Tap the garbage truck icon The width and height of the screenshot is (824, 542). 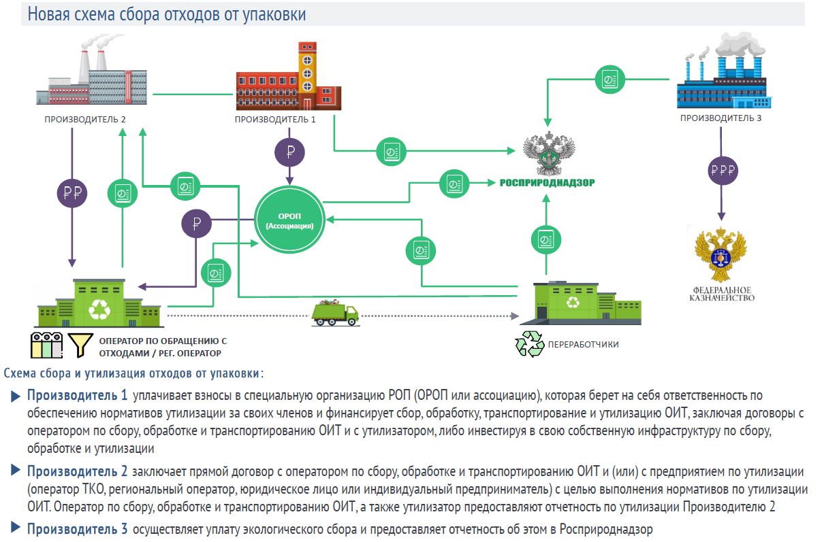pyautogui.click(x=334, y=313)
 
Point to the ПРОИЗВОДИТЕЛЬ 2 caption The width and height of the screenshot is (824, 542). pyautogui.click(x=85, y=119)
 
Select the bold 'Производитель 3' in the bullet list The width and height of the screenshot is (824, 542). pyautogui.click(x=77, y=529)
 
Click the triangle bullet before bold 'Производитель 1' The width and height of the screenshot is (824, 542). pyautogui.click(x=16, y=396)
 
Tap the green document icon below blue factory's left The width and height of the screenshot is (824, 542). pyautogui.click(x=606, y=80)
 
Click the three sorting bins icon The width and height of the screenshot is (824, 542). pyautogui.click(x=46, y=345)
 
